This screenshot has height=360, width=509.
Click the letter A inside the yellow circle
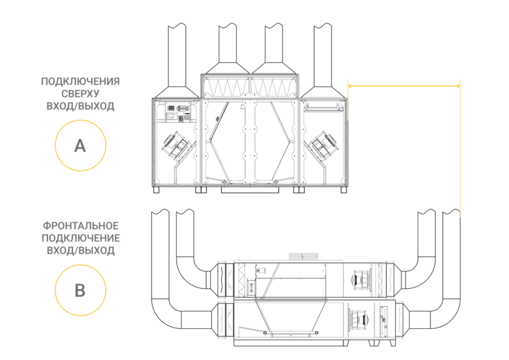(80, 146)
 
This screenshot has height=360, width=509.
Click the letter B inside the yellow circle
(80, 290)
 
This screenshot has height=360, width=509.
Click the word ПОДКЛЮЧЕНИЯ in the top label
(80, 82)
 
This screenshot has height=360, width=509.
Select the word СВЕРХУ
(80, 93)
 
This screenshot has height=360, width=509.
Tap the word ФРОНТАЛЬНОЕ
(80, 225)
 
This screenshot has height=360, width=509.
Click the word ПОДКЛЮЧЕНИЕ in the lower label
(80, 238)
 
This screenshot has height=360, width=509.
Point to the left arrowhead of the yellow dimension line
(350, 86)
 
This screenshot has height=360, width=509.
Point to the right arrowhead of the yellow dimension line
(458, 86)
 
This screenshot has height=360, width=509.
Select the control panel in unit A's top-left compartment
(178, 113)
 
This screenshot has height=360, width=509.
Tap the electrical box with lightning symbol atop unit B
(303, 256)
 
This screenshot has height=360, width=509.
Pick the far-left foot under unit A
(156, 190)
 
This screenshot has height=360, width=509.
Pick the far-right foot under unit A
(343, 190)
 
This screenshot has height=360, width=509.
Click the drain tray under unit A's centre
(250, 190)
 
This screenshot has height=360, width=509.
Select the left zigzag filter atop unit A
(226, 87)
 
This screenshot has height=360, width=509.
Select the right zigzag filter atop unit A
(274, 87)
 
